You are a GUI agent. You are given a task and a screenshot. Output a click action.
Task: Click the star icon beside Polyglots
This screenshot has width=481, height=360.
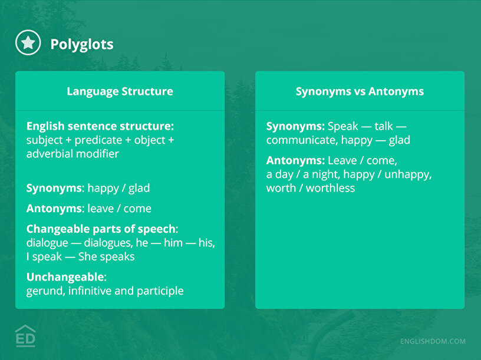[28, 42]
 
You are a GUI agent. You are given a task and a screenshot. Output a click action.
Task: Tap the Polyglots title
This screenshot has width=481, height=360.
[82, 44]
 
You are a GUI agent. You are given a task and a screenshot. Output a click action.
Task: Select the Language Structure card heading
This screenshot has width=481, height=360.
[120, 91]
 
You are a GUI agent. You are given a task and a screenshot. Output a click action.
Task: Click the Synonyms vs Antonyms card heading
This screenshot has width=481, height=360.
[360, 91]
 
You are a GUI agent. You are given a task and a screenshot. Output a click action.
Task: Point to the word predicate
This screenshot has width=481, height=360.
[98, 140]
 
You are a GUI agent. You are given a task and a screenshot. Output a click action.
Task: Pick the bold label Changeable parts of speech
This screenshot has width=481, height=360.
[101, 229]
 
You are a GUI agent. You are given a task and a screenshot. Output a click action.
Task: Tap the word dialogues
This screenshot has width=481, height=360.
[108, 243]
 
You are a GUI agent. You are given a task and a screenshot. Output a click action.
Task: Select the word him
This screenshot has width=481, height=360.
[173, 243]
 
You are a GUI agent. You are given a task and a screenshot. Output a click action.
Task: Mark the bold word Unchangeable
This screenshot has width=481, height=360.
[65, 277]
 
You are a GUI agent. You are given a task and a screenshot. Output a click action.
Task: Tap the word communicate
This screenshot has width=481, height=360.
[302, 140]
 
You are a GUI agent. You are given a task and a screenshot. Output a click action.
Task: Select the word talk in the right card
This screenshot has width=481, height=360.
[384, 126]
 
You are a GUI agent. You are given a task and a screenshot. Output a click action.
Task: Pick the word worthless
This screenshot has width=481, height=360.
[330, 188]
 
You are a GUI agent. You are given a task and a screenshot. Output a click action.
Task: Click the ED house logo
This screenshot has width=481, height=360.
[25, 336]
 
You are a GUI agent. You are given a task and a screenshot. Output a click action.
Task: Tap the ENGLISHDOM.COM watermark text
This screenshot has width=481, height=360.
[433, 341]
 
